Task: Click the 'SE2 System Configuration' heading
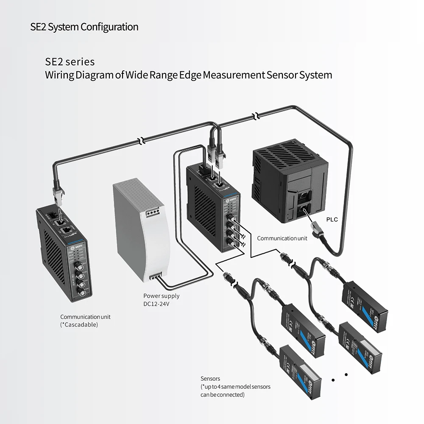84,27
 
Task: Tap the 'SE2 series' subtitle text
70,62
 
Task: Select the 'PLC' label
332,220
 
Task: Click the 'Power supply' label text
161,296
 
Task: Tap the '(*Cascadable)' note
79,325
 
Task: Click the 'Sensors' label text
210,379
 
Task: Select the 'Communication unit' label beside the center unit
282,238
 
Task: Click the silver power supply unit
142,229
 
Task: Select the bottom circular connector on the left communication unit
84,293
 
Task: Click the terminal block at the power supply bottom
156,277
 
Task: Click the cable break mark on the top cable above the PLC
255,116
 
